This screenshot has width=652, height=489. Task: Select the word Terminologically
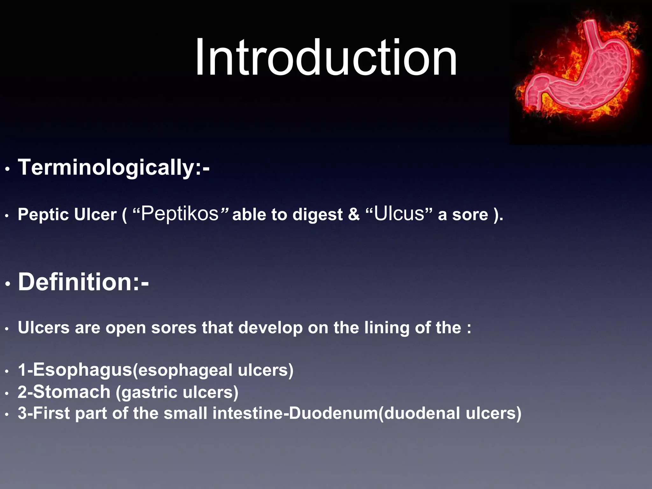coord(105,167)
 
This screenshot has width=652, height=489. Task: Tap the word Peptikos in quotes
coord(180,213)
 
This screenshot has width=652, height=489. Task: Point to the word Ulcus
coord(399,213)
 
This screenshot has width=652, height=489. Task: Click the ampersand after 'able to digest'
coord(353,214)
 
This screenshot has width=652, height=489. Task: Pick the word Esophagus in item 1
coord(82,370)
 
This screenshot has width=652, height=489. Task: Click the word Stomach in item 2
coord(72,392)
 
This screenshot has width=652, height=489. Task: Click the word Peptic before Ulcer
coord(43,215)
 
